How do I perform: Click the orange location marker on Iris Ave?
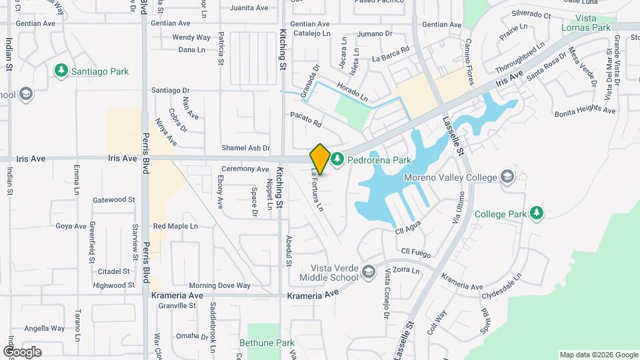pyautogui.click(x=320, y=159)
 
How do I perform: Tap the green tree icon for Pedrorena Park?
pyautogui.click(x=337, y=160)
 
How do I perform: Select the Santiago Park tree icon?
pyautogui.click(x=61, y=70)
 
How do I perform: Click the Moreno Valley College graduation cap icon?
pyautogui.click(x=507, y=177)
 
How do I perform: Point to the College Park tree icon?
pyautogui.click(x=536, y=213)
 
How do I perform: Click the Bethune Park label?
pyautogui.click(x=267, y=343)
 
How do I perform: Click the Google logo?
pyautogui.click(x=21, y=352)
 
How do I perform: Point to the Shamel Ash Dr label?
pyautogui.click(x=247, y=148)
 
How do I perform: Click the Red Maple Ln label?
pyautogui.click(x=175, y=227)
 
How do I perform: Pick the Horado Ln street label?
pyautogui.click(x=352, y=93)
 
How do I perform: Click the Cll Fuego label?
pyautogui.click(x=416, y=251)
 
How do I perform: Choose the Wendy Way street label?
pyautogui.click(x=191, y=37)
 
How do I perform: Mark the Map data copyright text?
pyautogui.click(x=598, y=355)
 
